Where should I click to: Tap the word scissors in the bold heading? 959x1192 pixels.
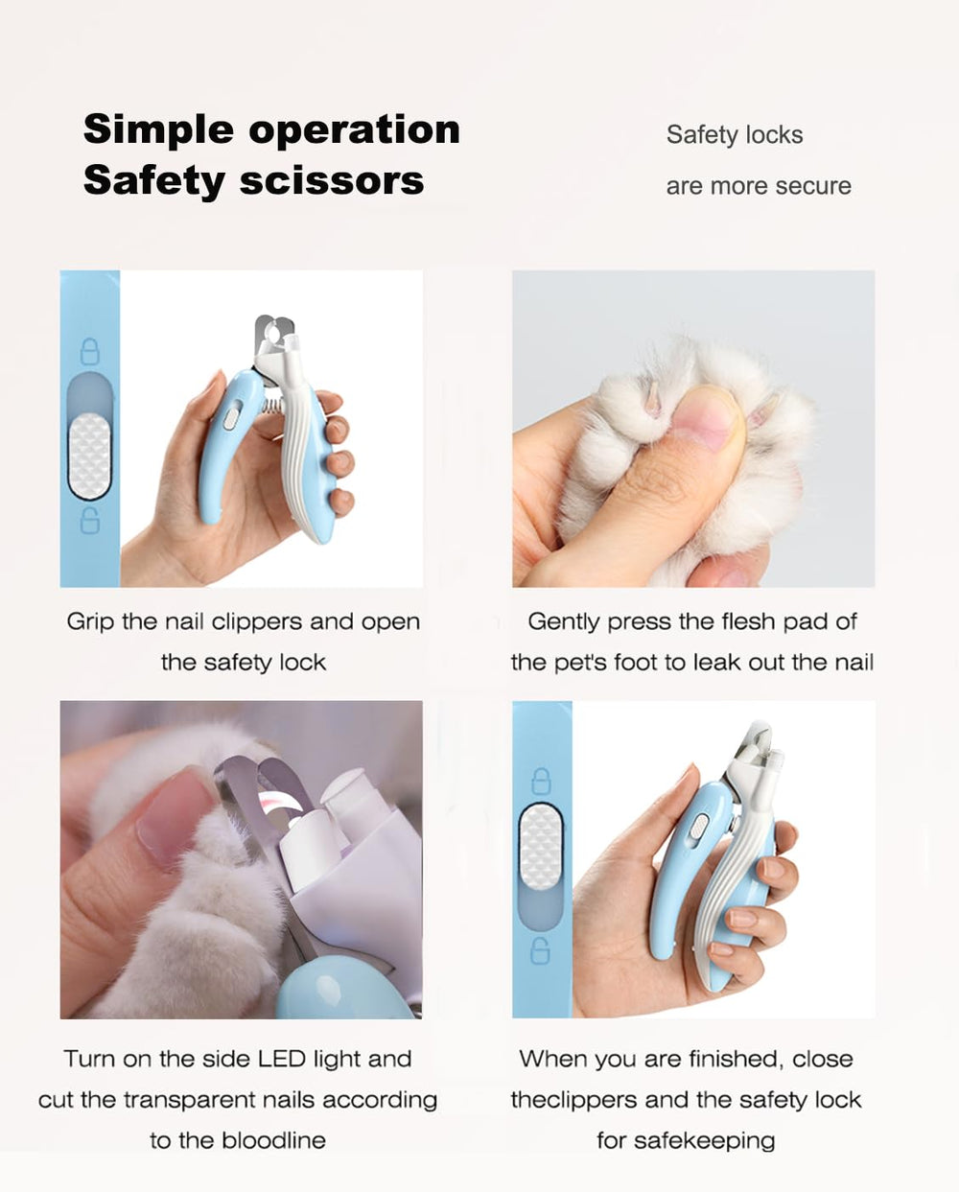(x=333, y=181)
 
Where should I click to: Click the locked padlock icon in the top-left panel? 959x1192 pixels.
(x=90, y=352)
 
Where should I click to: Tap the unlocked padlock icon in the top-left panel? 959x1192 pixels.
(x=90, y=521)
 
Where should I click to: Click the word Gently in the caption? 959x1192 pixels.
(x=564, y=622)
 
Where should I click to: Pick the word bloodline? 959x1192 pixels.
(x=273, y=1140)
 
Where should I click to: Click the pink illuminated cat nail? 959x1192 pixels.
(x=277, y=804)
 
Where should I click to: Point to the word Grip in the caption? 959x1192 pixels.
(x=90, y=622)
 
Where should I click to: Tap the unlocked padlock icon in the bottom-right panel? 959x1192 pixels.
(x=541, y=951)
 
